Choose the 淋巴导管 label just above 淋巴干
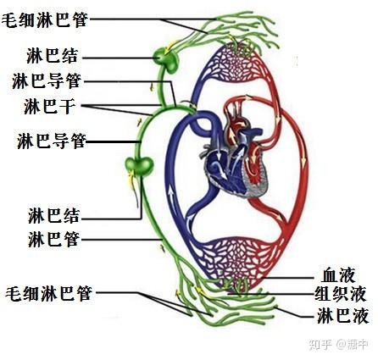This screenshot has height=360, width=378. coord(47,81)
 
